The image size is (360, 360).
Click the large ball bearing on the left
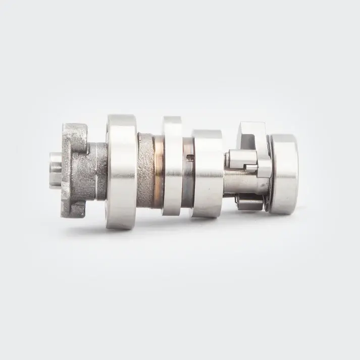121,172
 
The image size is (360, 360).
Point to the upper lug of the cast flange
74,133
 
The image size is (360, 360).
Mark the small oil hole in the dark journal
189,158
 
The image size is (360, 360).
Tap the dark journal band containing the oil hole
187,174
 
